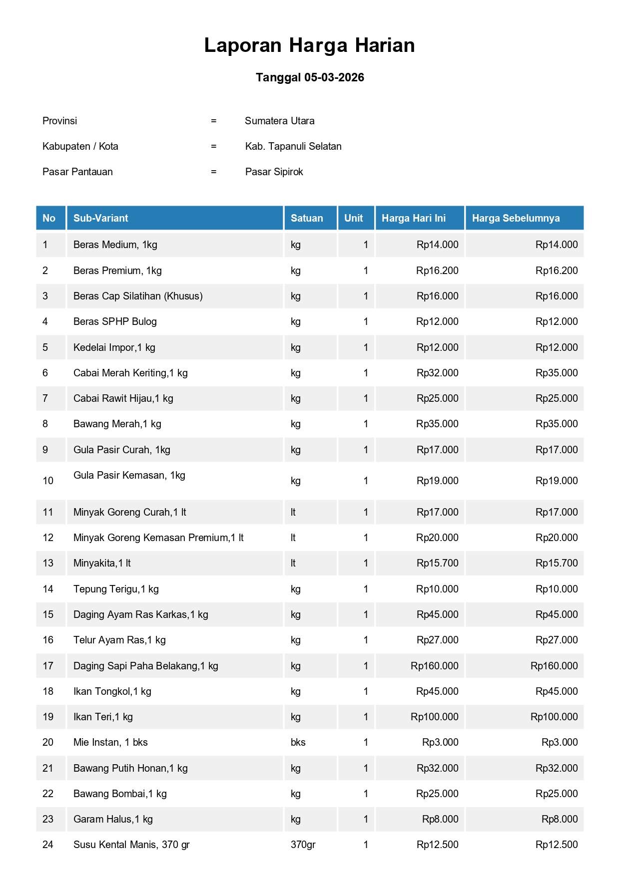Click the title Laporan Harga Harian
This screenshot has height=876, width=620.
click(x=309, y=45)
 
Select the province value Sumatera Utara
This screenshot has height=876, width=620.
click(x=279, y=121)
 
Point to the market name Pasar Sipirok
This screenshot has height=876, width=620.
click(x=274, y=172)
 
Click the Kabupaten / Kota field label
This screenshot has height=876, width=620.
click(x=80, y=146)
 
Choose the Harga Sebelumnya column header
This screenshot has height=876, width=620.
click(x=516, y=218)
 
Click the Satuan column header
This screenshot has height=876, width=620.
click(x=307, y=218)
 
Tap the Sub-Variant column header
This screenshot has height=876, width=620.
click(x=100, y=218)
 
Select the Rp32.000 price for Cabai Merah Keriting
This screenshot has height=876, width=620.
click(x=437, y=373)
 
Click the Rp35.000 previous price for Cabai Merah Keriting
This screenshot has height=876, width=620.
click(x=557, y=373)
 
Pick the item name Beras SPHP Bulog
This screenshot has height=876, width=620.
click(x=115, y=321)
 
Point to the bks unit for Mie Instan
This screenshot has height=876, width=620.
click(x=298, y=742)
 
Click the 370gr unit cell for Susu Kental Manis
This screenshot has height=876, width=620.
click(x=303, y=845)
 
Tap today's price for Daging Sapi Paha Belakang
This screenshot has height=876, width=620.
click(x=434, y=666)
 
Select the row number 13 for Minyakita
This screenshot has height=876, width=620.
click(x=48, y=563)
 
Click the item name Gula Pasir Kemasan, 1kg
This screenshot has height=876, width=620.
click(x=129, y=475)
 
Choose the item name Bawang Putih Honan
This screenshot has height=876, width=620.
click(x=130, y=768)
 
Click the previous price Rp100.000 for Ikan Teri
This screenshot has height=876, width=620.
click(x=554, y=717)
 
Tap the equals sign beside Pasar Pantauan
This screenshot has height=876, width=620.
click(x=213, y=172)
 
